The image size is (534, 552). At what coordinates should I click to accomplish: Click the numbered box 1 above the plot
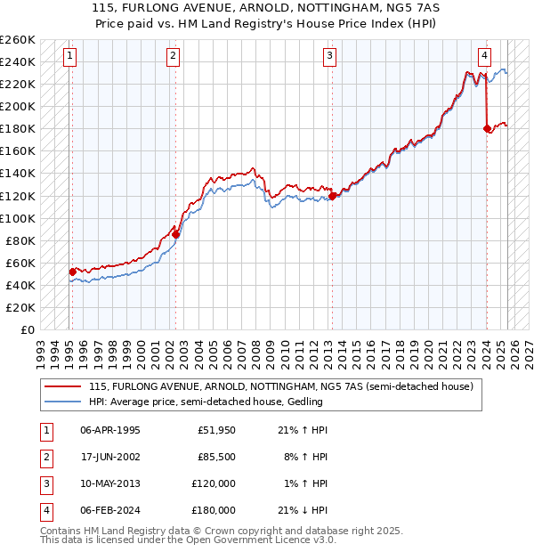pos(69,56)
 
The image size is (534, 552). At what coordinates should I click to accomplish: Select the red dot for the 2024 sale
pos(487,129)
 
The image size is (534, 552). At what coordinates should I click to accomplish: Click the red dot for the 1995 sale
pos(72,272)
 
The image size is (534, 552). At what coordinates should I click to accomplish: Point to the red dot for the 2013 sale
pos(332,196)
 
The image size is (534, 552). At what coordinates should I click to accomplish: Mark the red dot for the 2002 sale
pos(175,234)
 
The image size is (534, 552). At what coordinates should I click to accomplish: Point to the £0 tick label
pos(27,329)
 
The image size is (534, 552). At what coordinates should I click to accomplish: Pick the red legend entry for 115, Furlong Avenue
pos(285,386)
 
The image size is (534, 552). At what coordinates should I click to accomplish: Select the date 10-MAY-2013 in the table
pos(109,485)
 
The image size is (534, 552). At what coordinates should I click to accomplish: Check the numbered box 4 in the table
pos(44,510)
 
